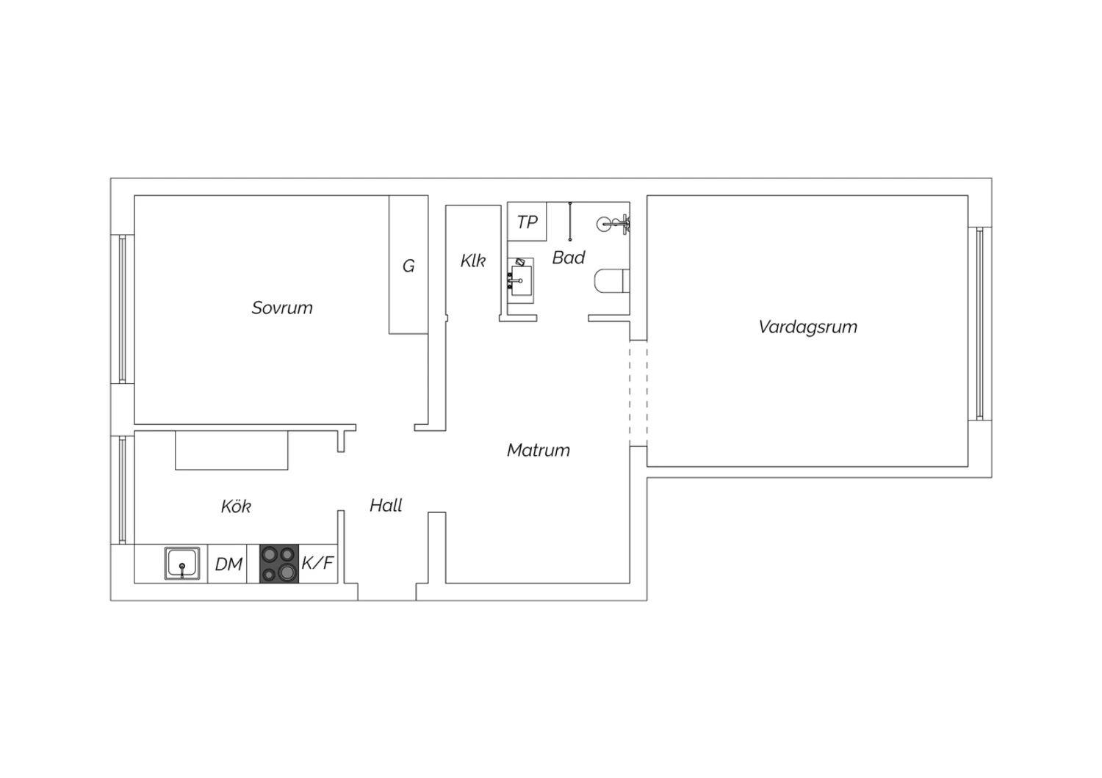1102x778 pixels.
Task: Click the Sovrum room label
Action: click(x=282, y=308)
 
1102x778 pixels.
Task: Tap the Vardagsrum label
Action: click(x=808, y=327)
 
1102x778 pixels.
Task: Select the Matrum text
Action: click(x=539, y=450)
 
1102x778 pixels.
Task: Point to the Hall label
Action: click(x=386, y=505)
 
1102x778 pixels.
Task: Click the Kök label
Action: click(x=236, y=506)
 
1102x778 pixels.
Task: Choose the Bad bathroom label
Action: click(x=568, y=258)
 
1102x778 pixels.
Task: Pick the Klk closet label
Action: click(x=473, y=261)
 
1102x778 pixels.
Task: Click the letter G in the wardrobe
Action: click(x=408, y=266)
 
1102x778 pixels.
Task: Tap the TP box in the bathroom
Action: click(x=527, y=222)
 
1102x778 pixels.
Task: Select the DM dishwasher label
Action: click(x=228, y=564)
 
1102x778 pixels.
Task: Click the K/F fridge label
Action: click(x=318, y=563)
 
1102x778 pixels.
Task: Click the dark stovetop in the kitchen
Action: click(x=279, y=564)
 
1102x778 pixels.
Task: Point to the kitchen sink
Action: click(x=182, y=563)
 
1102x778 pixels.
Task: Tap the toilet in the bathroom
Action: click(x=612, y=280)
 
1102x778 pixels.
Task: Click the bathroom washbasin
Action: click(x=520, y=280)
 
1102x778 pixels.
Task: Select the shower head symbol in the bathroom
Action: click(x=613, y=225)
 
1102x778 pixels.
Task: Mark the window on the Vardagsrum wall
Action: click(x=979, y=324)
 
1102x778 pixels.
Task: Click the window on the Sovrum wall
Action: click(x=123, y=309)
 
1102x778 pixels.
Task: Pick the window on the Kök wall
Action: click(x=123, y=490)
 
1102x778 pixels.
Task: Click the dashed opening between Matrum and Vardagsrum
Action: click(x=638, y=393)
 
